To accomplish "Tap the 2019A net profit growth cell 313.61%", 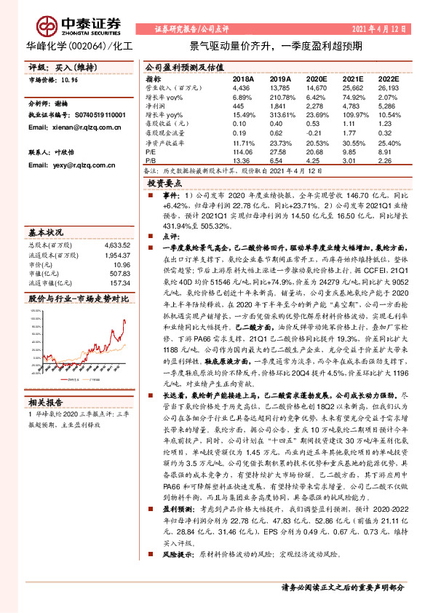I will [282, 116].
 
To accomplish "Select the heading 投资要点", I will [163, 185].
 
